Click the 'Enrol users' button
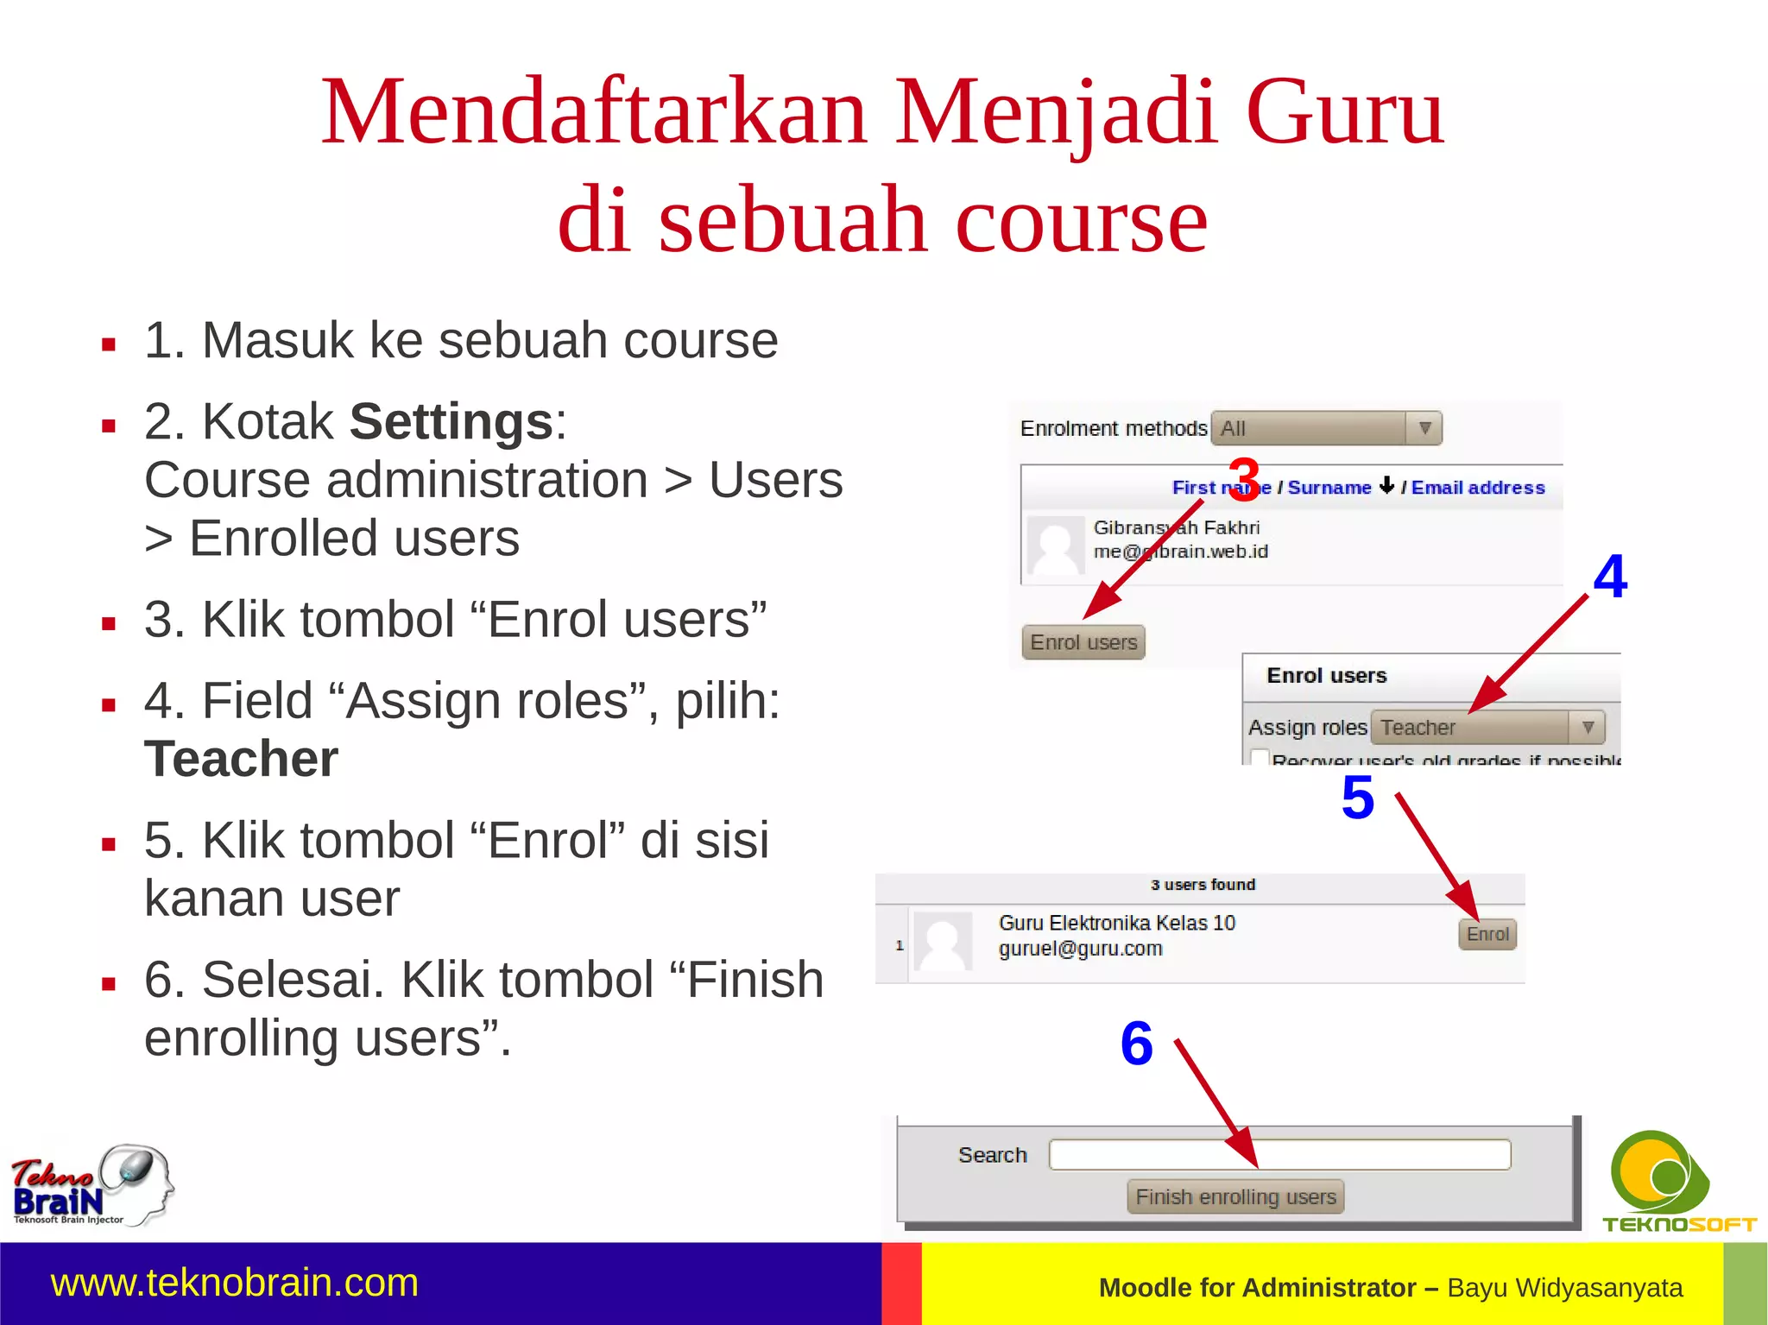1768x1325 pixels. (1083, 642)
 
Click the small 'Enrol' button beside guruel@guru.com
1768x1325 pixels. (1487, 934)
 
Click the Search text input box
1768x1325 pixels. (1279, 1154)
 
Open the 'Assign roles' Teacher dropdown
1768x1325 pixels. (1487, 728)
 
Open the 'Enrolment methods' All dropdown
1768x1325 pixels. (1326, 428)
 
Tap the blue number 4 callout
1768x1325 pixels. (1610, 576)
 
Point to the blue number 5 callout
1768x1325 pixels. (1358, 798)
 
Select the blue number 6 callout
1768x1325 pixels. (1137, 1043)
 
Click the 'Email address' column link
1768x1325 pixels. (1478, 488)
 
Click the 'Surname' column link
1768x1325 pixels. (1329, 488)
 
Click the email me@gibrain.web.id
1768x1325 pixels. (1180, 552)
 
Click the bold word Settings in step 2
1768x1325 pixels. (451, 422)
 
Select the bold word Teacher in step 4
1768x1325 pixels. (241, 759)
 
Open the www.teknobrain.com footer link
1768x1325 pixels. (235, 1283)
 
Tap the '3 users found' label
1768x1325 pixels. (1203, 885)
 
